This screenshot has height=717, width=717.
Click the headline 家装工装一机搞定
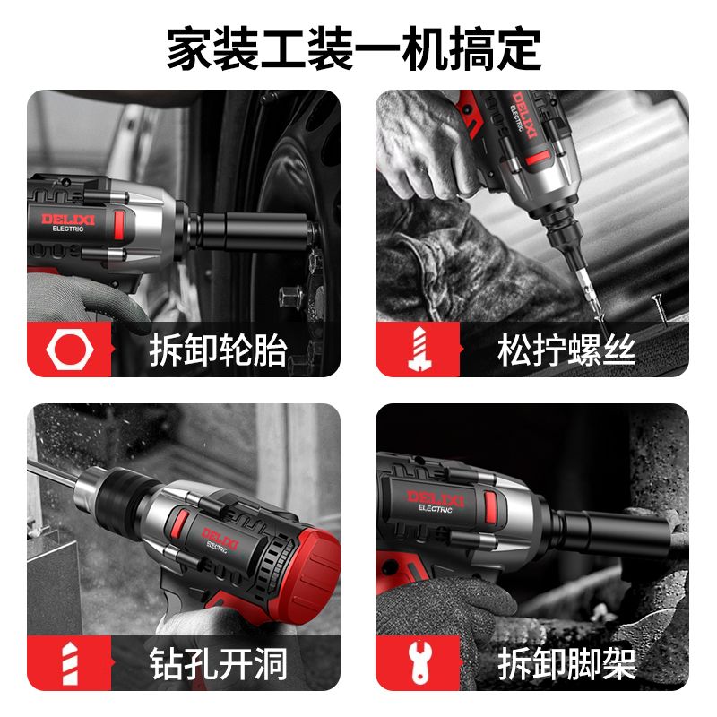click(x=354, y=48)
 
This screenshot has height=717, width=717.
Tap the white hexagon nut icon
click(x=70, y=350)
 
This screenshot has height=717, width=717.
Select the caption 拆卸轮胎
click(x=219, y=350)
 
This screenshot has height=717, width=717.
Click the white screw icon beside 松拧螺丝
click(x=419, y=350)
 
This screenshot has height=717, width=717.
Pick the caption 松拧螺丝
click(x=566, y=350)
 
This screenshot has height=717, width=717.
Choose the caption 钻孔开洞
click(x=219, y=663)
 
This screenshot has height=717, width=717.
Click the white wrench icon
click(x=420, y=662)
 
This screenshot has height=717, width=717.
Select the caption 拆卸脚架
click(x=566, y=663)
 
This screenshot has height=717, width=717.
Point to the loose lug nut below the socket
click(x=289, y=297)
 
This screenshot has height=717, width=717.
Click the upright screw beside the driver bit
click(x=659, y=309)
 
